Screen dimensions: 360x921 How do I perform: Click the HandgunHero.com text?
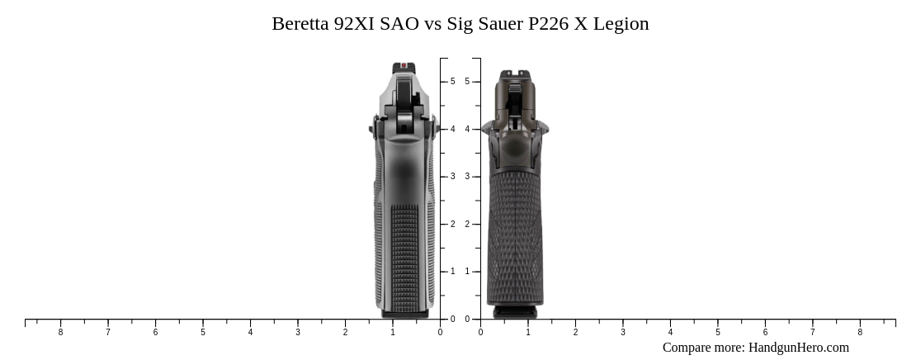[x=798, y=348]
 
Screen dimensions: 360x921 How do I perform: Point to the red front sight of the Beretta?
[x=404, y=65]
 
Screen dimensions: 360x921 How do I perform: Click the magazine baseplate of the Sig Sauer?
[x=515, y=312]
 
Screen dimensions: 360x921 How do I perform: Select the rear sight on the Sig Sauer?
[x=516, y=75]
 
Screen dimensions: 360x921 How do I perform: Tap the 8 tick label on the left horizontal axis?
[x=60, y=333]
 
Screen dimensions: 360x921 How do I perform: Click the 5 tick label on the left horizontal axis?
[x=203, y=333]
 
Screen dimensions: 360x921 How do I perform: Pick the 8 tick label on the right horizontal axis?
[x=860, y=333]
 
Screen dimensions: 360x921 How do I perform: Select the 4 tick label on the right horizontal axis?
[x=670, y=333]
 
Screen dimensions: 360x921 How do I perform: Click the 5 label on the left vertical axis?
[x=452, y=82]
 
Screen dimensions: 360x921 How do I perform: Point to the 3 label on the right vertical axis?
[x=467, y=177]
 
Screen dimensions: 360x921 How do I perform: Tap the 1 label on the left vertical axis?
[x=452, y=272]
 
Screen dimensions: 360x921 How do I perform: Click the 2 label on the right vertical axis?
[x=467, y=225]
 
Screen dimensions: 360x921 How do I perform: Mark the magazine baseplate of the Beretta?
[x=404, y=315]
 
